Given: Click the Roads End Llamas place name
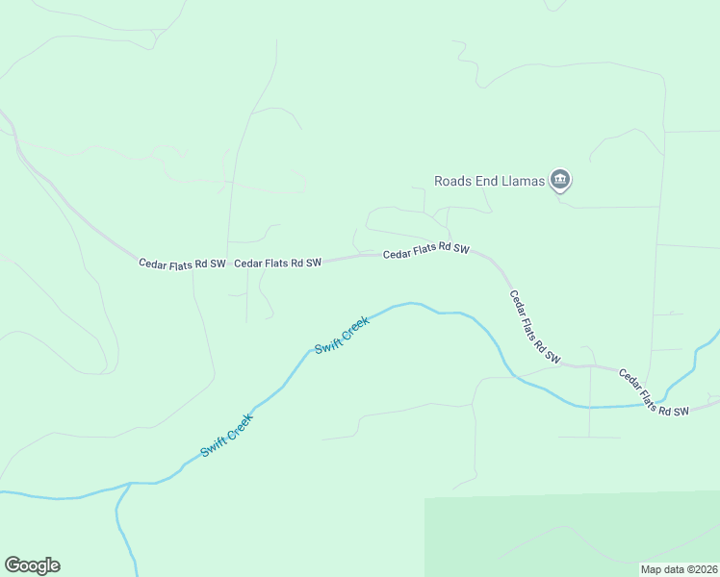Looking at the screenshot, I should point(489,180).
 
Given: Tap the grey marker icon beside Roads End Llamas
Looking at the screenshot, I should point(560,180).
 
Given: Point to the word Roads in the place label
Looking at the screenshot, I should point(452,180).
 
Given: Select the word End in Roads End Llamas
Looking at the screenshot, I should point(488,180).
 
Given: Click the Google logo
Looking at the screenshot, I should point(32,565).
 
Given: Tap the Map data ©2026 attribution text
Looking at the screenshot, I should point(679,569).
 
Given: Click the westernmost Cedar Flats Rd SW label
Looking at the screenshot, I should point(182,263).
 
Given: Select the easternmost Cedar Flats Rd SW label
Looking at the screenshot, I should point(654,392).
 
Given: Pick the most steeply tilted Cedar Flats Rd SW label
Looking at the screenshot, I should point(534,327).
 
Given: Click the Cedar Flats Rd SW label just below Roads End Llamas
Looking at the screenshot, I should point(425,251).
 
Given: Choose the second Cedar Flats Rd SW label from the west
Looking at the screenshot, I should point(277,263).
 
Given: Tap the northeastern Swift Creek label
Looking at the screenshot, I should point(342,334).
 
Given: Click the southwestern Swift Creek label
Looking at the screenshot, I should point(226,435).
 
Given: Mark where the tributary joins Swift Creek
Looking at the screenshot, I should point(129,484).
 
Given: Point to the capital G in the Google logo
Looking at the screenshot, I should point(13,565).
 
